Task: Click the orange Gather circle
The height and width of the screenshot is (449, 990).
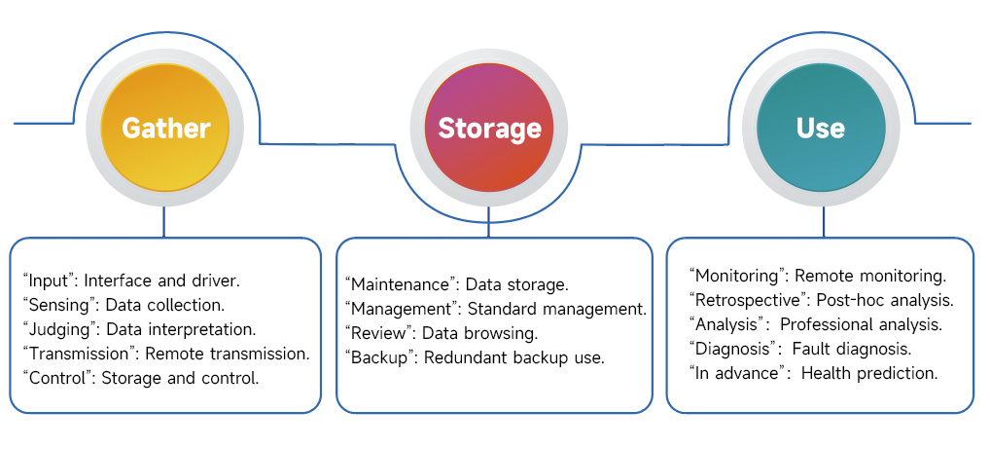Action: point(165,128)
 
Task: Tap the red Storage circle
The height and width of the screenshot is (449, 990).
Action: point(489,128)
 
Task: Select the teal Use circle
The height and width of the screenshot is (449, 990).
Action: point(820,128)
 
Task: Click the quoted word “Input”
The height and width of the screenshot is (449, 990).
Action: point(50,281)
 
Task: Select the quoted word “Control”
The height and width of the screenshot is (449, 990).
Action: point(59,379)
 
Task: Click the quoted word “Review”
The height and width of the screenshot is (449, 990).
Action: point(380,333)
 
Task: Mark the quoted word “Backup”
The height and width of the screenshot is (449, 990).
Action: point(381,358)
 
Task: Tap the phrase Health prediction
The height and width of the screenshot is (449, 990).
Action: point(868,374)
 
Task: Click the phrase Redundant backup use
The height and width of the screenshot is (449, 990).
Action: point(513,358)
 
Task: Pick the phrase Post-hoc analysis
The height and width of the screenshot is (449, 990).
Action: point(885,300)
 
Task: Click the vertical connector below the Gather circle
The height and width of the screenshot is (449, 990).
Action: point(163,221)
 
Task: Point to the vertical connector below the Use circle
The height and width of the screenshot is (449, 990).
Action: point(823,221)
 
